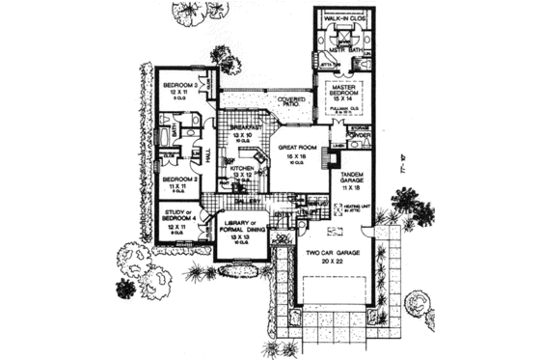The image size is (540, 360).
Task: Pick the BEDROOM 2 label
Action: pyautogui.click(x=180, y=180)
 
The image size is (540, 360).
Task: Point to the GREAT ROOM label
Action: pyautogui.click(x=290, y=148)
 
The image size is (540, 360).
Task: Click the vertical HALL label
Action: pyautogui.click(x=209, y=152)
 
